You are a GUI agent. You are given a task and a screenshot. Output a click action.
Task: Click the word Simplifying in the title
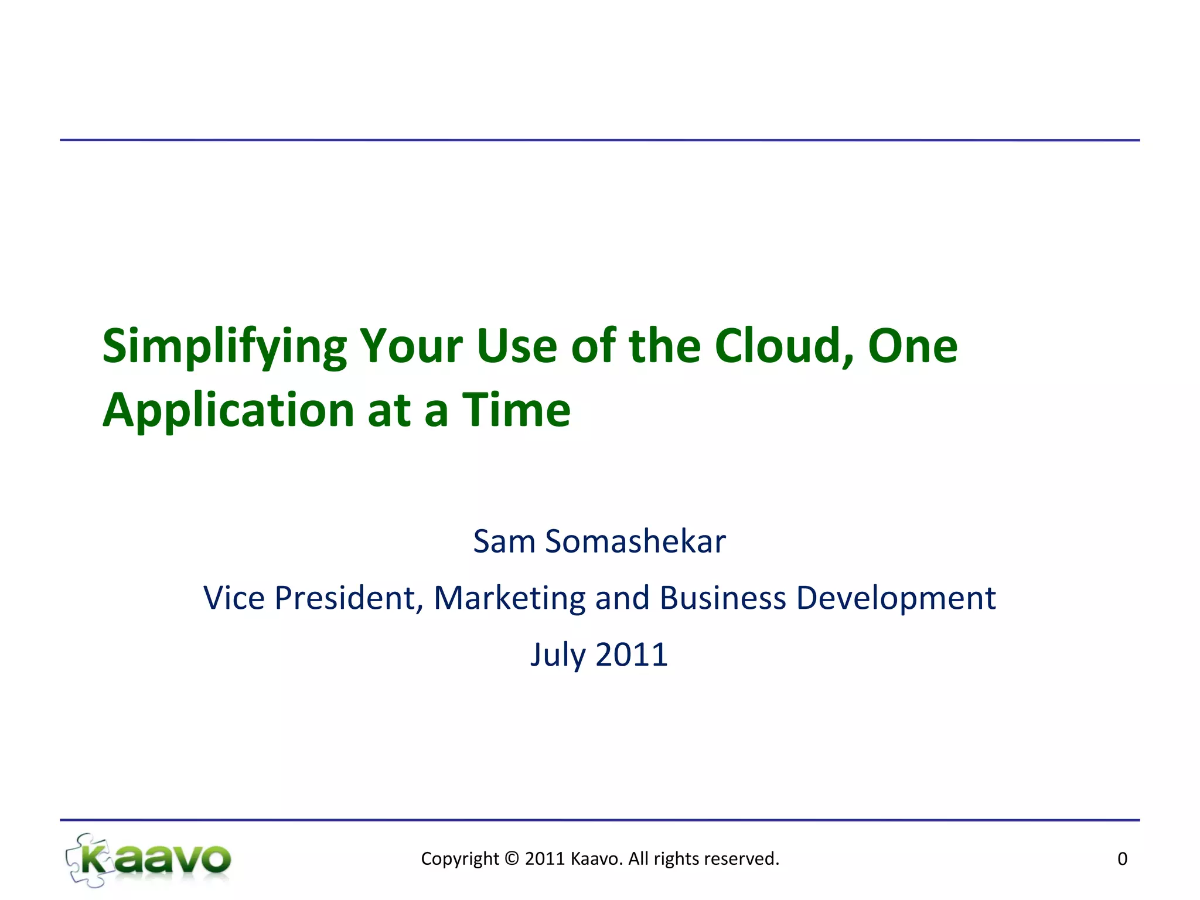click(x=224, y=347)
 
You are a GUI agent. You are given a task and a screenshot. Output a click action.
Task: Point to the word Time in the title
click(x=516, y=410)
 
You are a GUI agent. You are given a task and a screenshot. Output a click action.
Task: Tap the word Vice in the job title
click(x=234, y=598)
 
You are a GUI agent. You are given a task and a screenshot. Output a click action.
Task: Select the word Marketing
click(x=509, y=598)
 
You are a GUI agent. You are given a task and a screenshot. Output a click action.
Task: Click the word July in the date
click(x=558, y=655)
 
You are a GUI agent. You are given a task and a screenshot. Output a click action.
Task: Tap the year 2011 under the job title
click(x=632, y=655)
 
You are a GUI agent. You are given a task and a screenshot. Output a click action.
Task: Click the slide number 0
click(x=1122, y=859)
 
